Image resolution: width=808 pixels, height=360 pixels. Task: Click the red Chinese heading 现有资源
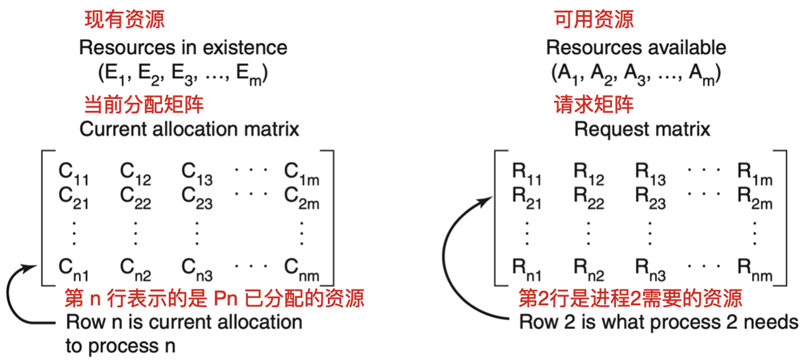coord(125,19)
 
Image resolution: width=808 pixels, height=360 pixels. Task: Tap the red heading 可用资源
coord(594,19)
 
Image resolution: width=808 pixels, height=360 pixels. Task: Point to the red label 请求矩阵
coord(594,104)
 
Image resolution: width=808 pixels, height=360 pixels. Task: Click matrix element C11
coord(73,173)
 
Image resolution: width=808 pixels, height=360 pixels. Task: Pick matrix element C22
coord(135,197)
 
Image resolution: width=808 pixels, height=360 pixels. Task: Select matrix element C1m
coord(301,173)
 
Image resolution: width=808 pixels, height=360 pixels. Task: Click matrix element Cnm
coord(301,269)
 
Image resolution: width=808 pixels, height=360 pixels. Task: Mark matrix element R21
coord(526,197)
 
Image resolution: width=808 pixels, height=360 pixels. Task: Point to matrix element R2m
coord(755,197)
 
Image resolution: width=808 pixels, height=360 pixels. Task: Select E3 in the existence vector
coord(181,74)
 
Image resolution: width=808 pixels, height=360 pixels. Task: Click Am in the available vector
coord(701,74)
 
